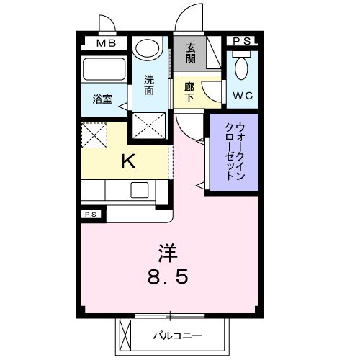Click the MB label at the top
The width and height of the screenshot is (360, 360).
click(107, 42)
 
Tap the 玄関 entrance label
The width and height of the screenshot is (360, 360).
click(191, 53)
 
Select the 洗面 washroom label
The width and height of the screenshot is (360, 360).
click(149, 85)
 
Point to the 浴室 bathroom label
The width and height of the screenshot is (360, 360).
click(102, 99)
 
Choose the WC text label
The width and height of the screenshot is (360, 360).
click(241, 94)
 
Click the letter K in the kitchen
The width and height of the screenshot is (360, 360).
click(127, 161)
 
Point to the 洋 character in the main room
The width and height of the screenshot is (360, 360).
click(168, 253)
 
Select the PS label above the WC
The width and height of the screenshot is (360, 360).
click(242, 42)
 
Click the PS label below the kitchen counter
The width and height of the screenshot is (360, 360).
click(91, 215)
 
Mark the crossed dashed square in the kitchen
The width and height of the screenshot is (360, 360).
click(94, 135)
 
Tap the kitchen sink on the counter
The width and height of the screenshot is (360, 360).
click(139, 191)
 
